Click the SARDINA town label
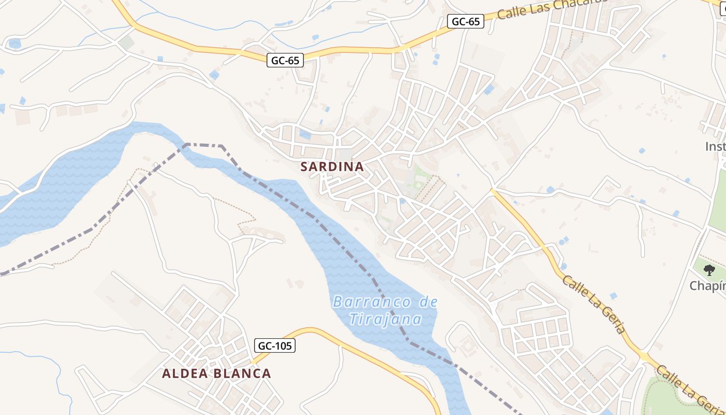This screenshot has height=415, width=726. (x=332, y=167)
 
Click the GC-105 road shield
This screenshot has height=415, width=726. (x=275, y=345)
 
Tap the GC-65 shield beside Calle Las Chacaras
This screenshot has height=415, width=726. (x=465, y=21)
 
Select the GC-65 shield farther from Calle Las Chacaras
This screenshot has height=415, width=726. (x=285, y=61)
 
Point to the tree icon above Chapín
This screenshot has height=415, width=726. (x=709, y=270)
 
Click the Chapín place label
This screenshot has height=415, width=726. (x=707, y=286)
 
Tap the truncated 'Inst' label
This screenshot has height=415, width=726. (x=715, y=147)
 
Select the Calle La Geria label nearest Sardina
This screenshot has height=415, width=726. (x=594, y=305)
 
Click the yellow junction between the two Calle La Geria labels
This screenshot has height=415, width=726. (x=644, y=356)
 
